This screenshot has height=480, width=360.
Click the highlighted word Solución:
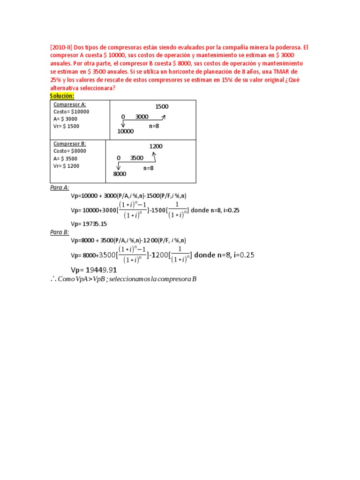[x=63, y=96]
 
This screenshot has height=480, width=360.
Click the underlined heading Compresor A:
[x=69, y=105]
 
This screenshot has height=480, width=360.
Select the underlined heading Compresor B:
[x=69, y=144]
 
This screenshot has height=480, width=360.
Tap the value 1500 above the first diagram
[x=162, y=107]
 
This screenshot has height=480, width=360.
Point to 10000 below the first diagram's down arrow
[x=125, y=132]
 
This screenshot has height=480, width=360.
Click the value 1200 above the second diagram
[x=156, y=147]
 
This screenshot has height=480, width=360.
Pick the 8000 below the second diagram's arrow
[x=120, y=174]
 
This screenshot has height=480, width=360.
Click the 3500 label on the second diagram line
[x=137, y=158]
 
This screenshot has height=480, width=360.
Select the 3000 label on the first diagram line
[x=142, y=117]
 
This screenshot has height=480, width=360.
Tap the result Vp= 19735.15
[x=89, y=224]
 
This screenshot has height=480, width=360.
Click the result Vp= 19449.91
[x=93, y=270]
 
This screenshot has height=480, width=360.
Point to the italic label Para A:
[x=60, y=187]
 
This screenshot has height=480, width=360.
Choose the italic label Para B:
[x=60, y=232]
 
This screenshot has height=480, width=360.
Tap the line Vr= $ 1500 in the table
[x=67, y=126]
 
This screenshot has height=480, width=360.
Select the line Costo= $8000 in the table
[x=69, y=151]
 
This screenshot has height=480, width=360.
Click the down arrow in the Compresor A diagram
[x=123, y=124]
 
